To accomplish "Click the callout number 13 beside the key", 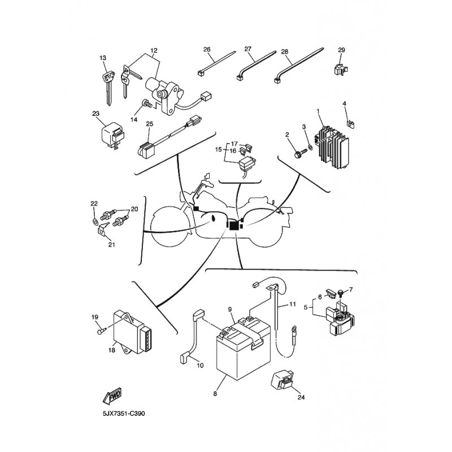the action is (x=103, y=58).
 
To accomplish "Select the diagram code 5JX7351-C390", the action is (x=124, y=414).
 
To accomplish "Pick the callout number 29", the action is (x=341, y=50).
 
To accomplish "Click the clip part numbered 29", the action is (x=341, y=69).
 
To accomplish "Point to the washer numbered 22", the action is (x=94, y=222).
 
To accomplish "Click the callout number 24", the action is (x=301, y=397).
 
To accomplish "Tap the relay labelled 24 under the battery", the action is (x=282, y=380).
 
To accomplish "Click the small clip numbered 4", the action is (x=351, y=124).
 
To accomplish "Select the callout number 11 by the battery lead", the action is (x=293, y=304).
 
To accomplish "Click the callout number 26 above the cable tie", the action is (x=207, y=49).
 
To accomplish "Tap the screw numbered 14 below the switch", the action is (x=147, y=103).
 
